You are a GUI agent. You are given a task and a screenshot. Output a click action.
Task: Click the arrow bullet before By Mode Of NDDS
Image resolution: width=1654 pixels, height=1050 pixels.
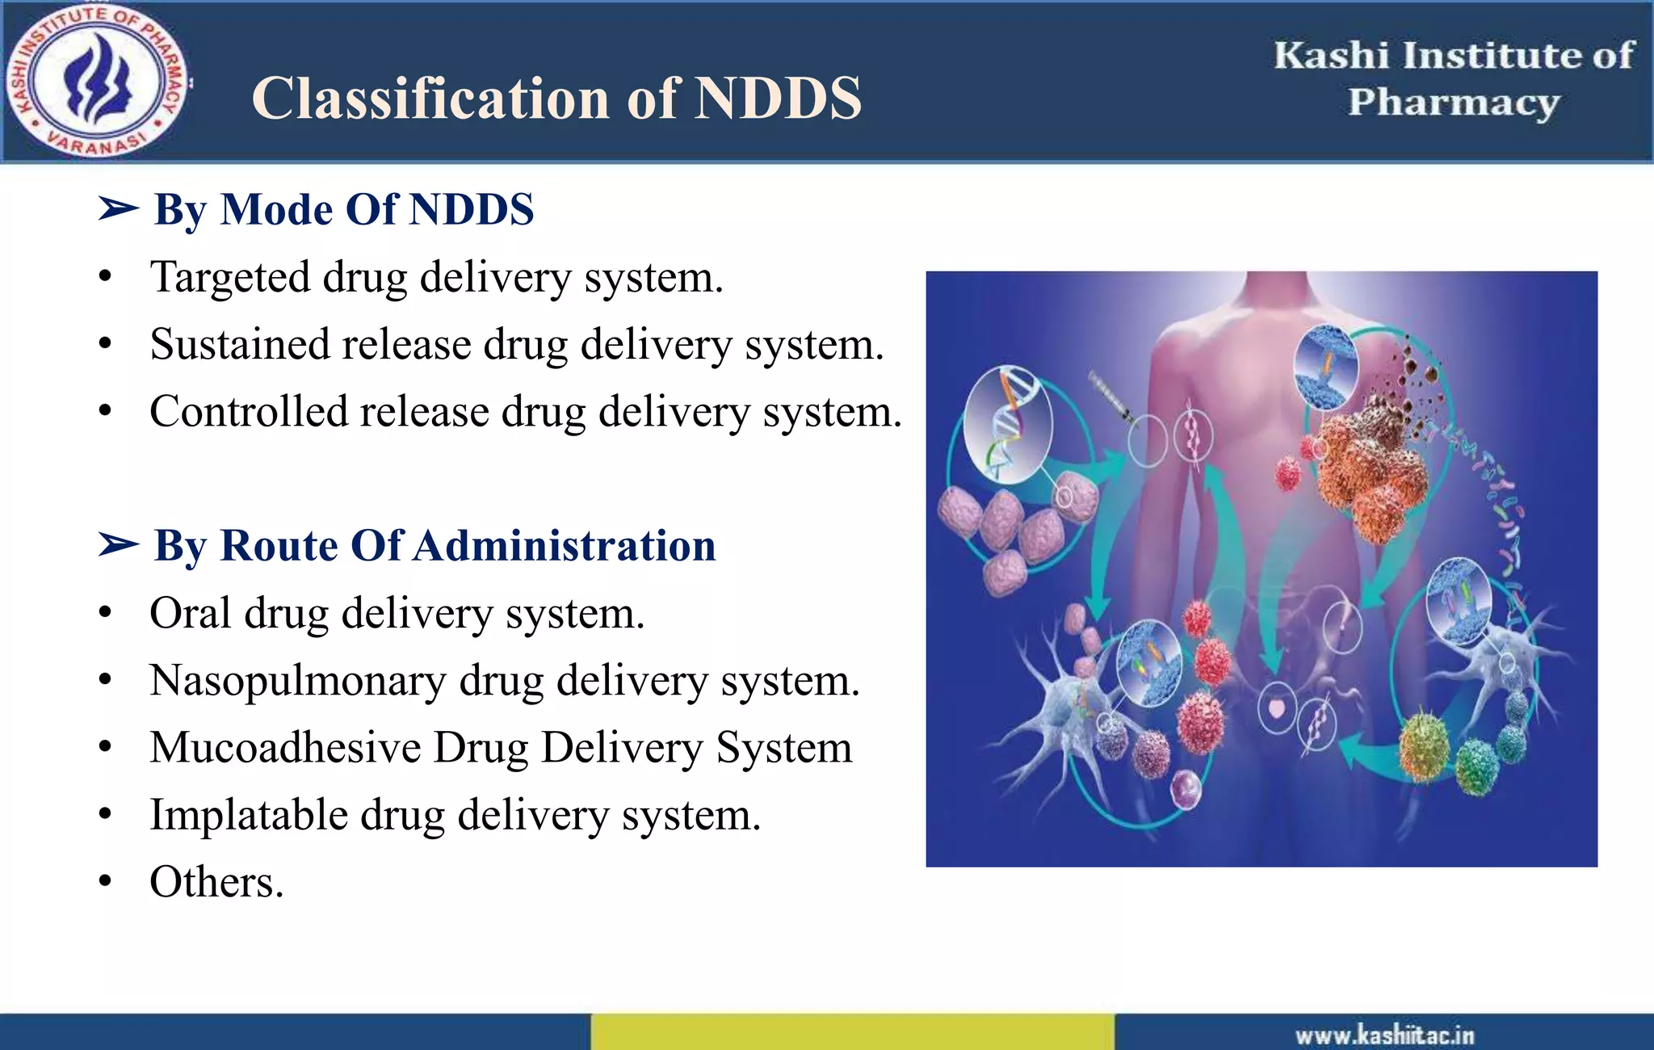click(118, 209)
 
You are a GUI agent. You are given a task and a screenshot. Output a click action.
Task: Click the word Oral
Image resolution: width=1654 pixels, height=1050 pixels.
click(190, 613)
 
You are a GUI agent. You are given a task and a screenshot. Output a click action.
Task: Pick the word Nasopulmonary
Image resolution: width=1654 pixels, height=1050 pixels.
click(297, 681)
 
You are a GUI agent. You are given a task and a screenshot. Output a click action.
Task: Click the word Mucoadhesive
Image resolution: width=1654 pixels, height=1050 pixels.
click(285, 748)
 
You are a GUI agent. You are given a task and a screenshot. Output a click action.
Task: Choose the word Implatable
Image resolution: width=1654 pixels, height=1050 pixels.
click(248, 815)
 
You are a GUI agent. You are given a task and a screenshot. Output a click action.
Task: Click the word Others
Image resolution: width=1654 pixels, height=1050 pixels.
click(216, 882)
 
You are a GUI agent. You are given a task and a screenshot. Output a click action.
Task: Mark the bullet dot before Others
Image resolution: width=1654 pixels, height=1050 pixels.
click(105, 882)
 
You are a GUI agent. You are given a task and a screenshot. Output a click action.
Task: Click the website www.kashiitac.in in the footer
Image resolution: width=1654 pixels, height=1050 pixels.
click(1384, 1035)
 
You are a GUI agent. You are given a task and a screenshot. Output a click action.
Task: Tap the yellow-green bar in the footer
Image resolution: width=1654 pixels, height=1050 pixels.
click(852, 1032)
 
